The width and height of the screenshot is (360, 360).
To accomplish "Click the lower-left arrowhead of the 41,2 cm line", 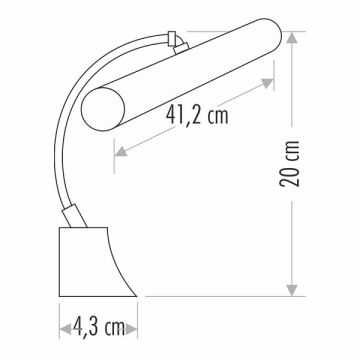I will click(x=121, y=152).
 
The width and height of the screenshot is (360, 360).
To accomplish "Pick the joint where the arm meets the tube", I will click(x=176, y=40).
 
